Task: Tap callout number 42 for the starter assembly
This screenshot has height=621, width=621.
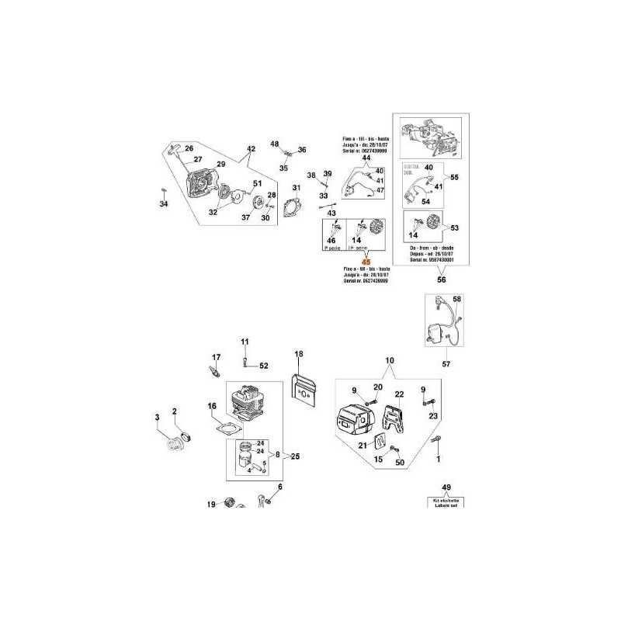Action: [251, 149]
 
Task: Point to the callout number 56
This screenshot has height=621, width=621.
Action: [442, 279]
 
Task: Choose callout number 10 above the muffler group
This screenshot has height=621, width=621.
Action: [390, 361]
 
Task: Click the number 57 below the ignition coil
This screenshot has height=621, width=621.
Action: [446, 363]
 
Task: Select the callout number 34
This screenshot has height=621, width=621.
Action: [163, 204]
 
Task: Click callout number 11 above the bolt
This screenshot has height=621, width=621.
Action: [244, 342]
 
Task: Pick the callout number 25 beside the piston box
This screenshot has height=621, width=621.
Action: [295, 456]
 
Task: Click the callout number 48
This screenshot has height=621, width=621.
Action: [274, 144]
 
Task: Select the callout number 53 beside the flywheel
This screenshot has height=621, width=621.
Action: [455, 227]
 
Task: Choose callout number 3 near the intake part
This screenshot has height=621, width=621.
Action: [157, 418]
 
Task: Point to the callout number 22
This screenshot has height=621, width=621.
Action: [401, 395]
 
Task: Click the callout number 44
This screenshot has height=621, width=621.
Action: [366, 158]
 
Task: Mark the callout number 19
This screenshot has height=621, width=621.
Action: [210, 505]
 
